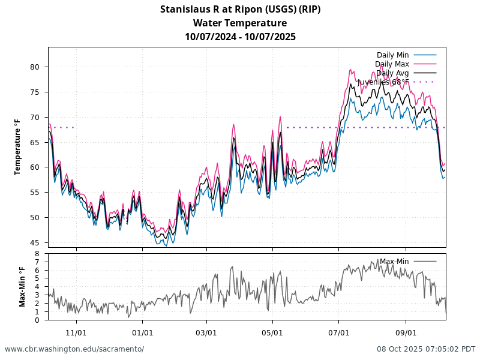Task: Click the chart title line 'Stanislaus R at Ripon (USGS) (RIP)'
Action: [x=240, y=9]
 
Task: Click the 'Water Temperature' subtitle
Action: [x=240, y=23]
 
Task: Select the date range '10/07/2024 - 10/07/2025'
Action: [x=240, y=37]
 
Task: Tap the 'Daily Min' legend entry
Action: [x=392, y=55]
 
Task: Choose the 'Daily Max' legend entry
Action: [x=392, y=64]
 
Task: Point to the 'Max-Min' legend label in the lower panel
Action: [x=394, y=262]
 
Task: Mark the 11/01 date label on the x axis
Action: [x=76, y=332]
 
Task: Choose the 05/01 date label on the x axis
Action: [x=272, y=332]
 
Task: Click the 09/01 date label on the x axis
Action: [x=406, y=332]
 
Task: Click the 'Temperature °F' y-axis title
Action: [x=17, y=147]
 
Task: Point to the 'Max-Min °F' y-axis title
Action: [x=22, y=287]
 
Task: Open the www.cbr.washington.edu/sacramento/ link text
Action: [x=74, y=349]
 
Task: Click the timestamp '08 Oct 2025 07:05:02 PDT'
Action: [x=426, y=349]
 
